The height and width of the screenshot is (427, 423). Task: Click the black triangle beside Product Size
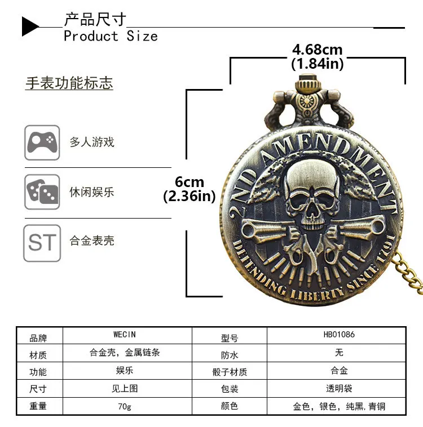point(30,26)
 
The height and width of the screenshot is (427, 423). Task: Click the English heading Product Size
point(111,36)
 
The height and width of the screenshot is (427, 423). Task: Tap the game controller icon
point(42,142)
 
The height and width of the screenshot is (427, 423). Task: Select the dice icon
point(42,192)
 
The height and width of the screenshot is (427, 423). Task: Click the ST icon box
point(42,243)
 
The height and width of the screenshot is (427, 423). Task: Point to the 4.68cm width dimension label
point(317,50)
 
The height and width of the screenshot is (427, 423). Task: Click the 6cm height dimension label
point(190,182)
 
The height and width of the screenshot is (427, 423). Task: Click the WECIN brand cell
point(125,335)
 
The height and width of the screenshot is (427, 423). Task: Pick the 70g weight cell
point(125,406)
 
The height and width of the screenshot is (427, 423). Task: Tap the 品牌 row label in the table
point(38,338)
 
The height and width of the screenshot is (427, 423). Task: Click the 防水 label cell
point(230,355)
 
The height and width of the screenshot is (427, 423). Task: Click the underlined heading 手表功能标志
point(69,83)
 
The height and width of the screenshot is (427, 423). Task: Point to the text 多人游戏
point(92,142)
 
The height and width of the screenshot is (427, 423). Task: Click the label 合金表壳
point(92,241)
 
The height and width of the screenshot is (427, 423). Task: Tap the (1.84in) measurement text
point(317,64)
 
